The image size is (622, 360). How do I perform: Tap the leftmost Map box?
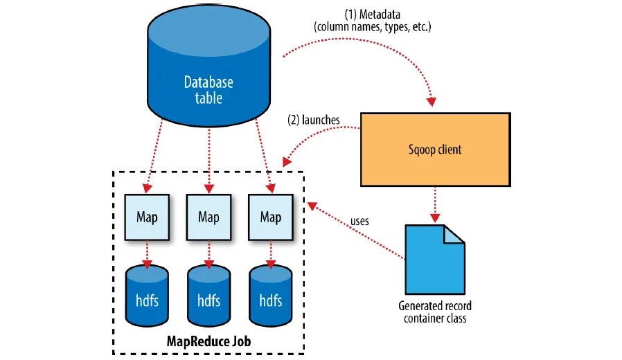point(146,217)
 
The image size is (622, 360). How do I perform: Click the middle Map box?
point(208,217)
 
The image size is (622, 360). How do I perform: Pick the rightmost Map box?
point(270,217)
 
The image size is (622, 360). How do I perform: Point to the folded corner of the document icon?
point(454,234)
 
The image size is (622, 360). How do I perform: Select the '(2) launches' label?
point(314,119)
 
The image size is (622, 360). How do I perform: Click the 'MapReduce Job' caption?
point(208,341)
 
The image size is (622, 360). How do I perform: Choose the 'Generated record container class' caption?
point(435,312)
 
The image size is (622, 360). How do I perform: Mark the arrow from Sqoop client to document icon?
point(434,204)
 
